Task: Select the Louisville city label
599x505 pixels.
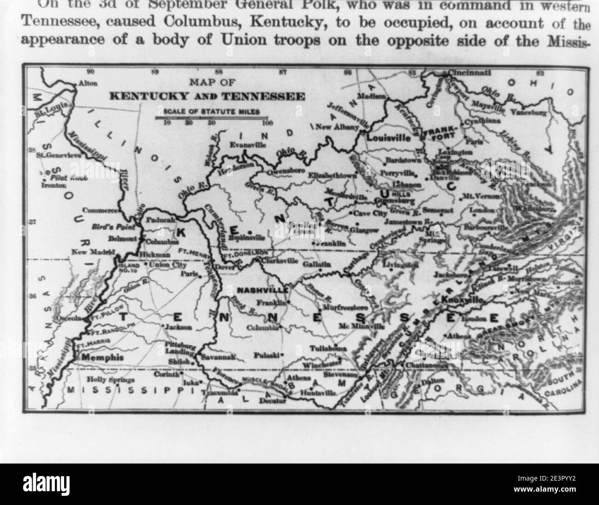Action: pos(388,137)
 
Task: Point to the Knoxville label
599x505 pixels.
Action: pos(463,299)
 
